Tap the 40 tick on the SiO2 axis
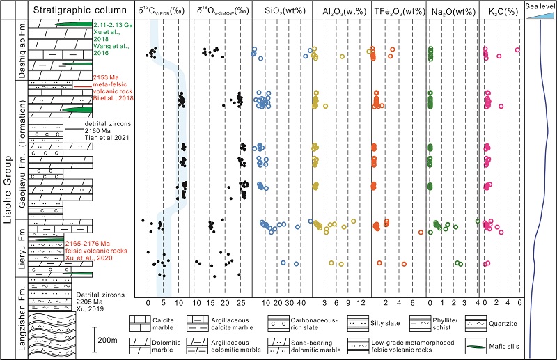pos(301,304)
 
